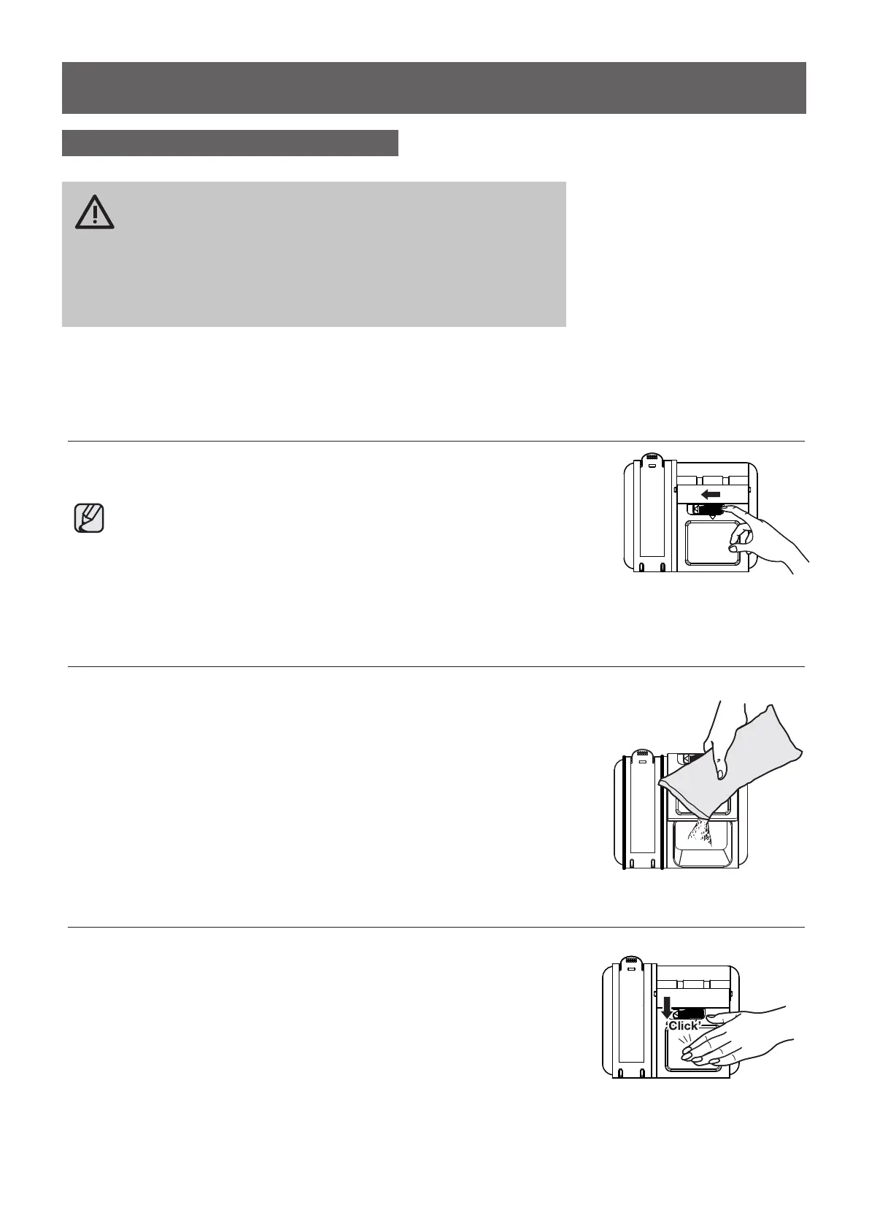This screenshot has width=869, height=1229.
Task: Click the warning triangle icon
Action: (x=94, y=212)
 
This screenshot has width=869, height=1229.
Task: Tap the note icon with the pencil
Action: (x=89, y=518)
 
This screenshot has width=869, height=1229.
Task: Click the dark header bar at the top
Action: (x=433, y=88)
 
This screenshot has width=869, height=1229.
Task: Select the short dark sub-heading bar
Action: (x=230, y=143)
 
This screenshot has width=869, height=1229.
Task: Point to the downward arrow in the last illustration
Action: (x=666, y=1006)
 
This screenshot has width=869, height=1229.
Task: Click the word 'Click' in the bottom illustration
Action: (x=684, y=1025)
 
